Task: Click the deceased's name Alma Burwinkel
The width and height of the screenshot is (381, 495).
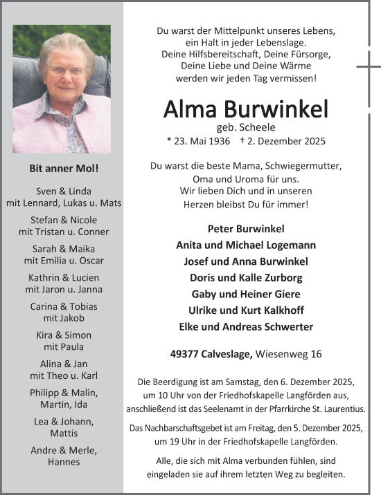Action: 246,109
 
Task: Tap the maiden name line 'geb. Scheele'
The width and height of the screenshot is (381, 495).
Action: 246,127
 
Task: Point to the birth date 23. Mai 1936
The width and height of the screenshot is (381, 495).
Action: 201,141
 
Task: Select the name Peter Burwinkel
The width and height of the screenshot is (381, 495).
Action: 246,229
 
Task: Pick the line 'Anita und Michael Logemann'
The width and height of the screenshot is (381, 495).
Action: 246,245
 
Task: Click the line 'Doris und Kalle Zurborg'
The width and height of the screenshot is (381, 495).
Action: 246,277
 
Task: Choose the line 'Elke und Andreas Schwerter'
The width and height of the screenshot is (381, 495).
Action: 246,326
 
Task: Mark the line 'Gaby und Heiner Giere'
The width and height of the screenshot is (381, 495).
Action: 246,294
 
